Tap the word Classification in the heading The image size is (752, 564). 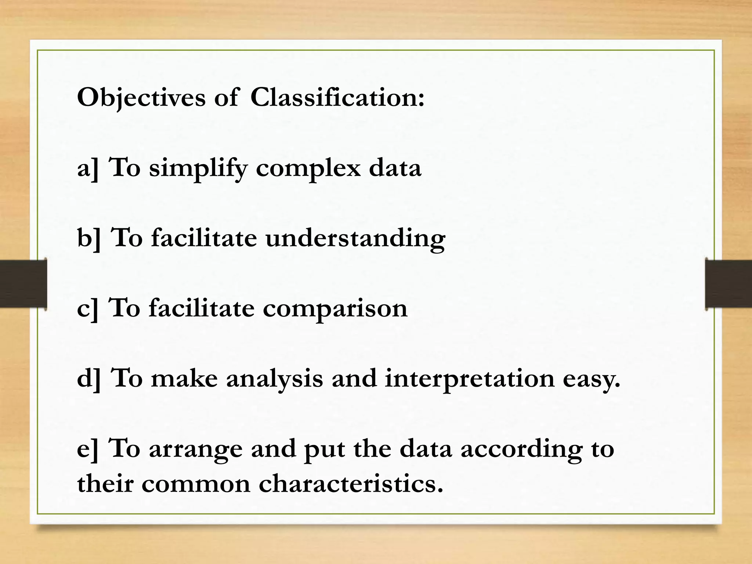pyautogui.click(x=337, y=98)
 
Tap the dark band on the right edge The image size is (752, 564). pyautogui.click(x=728, y=283)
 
